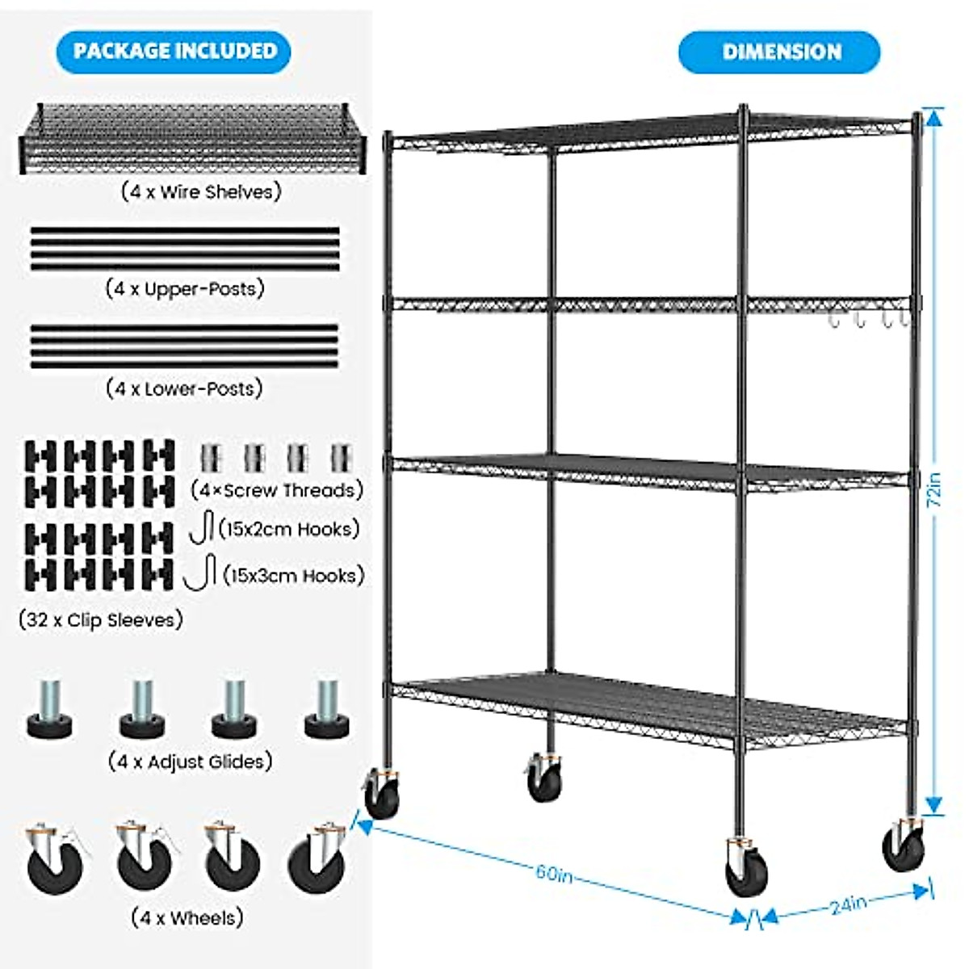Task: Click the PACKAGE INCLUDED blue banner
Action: pyautogui.click(x=174, y=51)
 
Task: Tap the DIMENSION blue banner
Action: pyautogui.click(x=779, y=52)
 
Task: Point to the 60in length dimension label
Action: pyautogui.click(x=554, y=874)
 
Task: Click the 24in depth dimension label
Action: pyautogui.click(x=848, y=904)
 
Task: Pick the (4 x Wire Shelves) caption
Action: pyautogui.click(x=201, y=192)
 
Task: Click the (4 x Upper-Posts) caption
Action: pyautogui.click(x=185, y=289)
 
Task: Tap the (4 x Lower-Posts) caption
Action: pyautogui.click(x=185, y=388)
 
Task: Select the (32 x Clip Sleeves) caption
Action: pyautogui.click(x=101, y=620)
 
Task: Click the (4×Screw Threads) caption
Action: pyautogui.click(x=277, y=490)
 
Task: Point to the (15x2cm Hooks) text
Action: pyautogui.click(x=288, y=530)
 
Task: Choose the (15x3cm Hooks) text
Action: pyautogui.click(x=293, y=576)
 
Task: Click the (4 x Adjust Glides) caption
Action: pyautogui.click(x=190, y=761)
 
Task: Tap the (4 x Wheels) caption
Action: pyautogui.click(x=187, y=918)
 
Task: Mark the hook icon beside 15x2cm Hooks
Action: pyautogui.click(x=202, y=526)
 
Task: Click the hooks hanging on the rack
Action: pyautogui.click(x=868, y=319)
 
